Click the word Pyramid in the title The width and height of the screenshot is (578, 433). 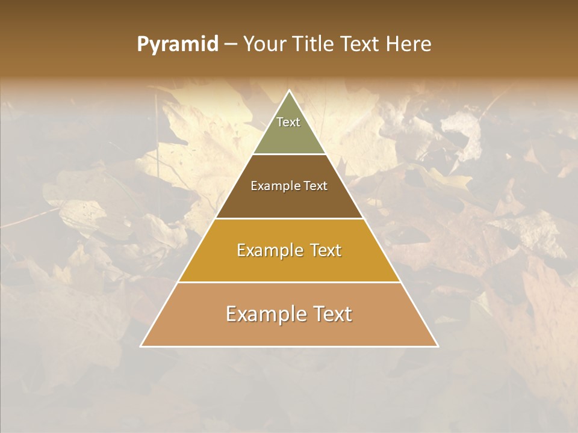[177, 45]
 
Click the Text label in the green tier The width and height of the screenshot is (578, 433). [288, 122]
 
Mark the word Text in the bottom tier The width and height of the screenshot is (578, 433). [332, 314]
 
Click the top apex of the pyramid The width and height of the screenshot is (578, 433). [289, 91]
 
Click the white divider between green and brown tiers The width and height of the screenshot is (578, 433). [289, 155]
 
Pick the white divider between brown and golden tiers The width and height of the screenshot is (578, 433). [289, 218]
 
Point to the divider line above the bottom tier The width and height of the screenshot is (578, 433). [289, 282]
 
